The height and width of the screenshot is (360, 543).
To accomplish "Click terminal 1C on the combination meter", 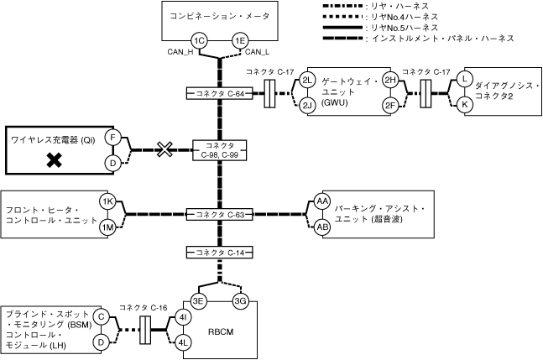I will [x=199, y=40].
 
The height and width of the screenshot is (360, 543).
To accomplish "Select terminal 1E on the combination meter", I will [x=240, y=40].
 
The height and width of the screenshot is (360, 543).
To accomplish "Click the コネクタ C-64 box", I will [x=219, y=92].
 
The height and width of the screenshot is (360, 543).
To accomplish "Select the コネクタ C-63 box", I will [x=219, y=215].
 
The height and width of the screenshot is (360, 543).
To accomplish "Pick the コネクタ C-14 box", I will [x=219, y=252].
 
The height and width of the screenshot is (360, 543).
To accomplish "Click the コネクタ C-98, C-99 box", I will [x=219, y=150].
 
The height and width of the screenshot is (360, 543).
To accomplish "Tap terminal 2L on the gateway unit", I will [x=307, y=80].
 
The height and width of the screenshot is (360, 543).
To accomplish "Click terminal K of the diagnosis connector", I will [x=463, y=104].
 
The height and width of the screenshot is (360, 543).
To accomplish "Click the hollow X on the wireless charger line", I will [x=166, y=149].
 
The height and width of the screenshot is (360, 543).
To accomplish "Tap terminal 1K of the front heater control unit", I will [x=107, y=202].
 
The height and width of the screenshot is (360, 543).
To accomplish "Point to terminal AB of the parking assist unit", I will [x=321, y=227].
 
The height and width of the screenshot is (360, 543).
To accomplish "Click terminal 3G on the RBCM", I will [x=240, y=301].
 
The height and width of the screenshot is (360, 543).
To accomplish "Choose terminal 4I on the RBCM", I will [x=182, y=318].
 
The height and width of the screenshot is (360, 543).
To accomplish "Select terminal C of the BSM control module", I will [x=101, y=318].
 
